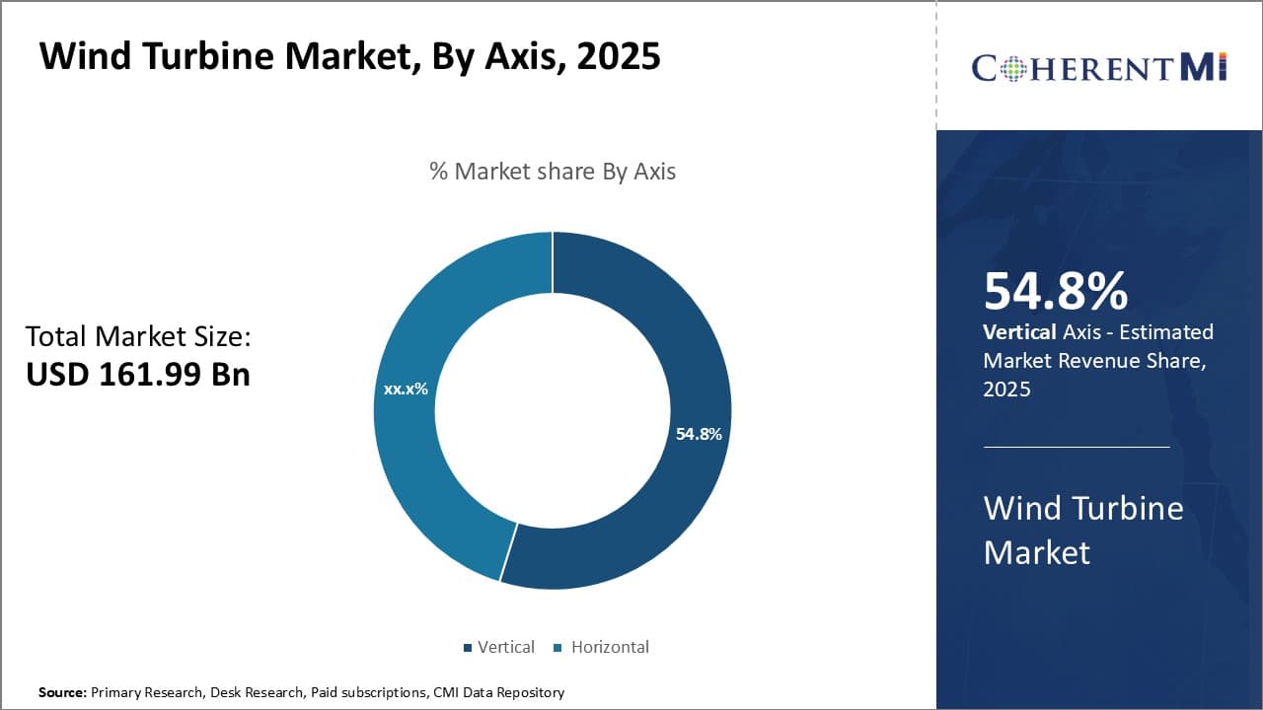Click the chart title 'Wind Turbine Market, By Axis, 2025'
pos(349,57)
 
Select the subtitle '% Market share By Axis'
pos(553,172)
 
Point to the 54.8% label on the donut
pos(699,434)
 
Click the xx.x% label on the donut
pos(406,390)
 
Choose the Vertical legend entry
pos(499,648)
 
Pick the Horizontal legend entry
pos(602,648)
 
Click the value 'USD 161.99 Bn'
pos(138,375)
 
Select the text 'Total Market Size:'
pos(138,337)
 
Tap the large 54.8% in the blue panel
pos(1056,292)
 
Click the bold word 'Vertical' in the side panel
pos(1019,332)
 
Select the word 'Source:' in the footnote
pos(63,693)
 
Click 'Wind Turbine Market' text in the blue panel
pos(1083,530)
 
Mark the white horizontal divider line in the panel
pos(1077,447)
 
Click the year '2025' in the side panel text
pos(1007,390)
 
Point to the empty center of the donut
pos(553,410)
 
